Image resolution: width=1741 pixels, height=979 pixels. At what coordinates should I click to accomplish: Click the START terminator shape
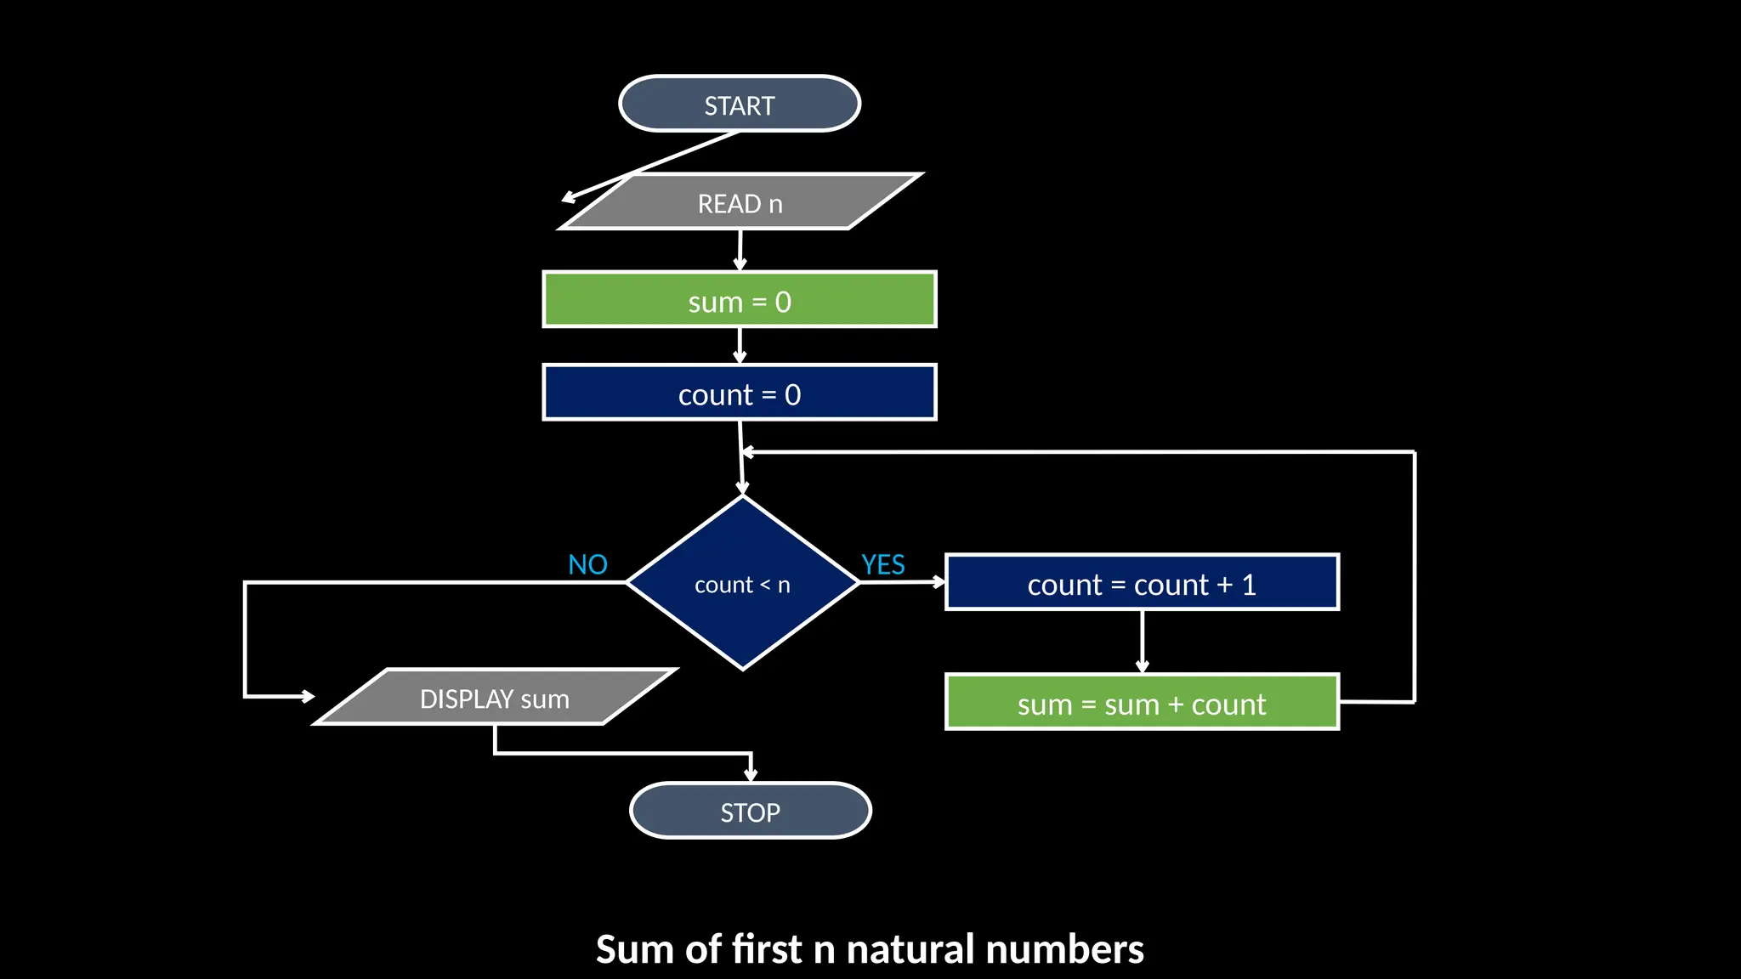740,104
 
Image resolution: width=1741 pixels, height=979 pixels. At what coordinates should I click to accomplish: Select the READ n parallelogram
740,202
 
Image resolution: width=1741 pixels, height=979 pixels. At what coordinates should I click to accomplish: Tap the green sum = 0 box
740,300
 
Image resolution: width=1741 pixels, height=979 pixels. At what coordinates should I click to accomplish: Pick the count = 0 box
740,393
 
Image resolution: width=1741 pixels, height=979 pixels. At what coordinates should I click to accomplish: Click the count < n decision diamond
742,584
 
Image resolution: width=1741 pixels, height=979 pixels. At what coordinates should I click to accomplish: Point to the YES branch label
882,564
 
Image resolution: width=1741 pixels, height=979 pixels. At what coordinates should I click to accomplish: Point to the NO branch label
587,564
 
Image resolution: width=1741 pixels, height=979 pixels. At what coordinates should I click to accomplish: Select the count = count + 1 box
1142,583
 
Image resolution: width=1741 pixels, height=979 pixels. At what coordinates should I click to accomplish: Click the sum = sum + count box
1142,703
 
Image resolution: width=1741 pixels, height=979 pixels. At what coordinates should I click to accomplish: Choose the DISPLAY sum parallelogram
495,698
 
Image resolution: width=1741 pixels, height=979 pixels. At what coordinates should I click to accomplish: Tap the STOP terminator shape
750,811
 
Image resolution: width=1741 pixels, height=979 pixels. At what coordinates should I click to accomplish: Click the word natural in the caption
910,949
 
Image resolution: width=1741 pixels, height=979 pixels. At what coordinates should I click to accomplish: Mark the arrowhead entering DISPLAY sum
308,697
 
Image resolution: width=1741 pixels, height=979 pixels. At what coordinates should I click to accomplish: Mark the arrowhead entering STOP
751,773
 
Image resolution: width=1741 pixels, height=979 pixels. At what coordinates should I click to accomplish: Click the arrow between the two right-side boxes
1142,642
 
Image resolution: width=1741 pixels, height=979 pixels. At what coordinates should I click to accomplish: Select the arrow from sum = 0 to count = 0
740,345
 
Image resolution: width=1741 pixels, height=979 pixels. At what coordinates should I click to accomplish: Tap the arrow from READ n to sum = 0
740,250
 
